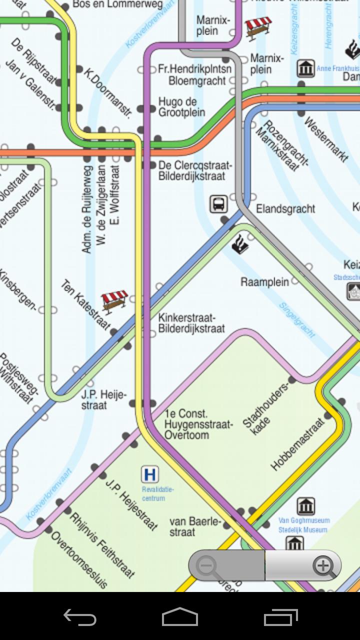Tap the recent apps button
[280, 617]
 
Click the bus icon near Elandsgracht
[218, 204]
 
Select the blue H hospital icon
[149, 474]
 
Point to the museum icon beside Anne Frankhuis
[305, 68]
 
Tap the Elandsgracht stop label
[285, 208]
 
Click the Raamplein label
[264, 282]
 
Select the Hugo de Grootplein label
[181, 107]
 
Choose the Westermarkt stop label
[325, 139]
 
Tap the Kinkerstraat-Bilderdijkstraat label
[191, 323]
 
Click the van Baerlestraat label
[194, 526]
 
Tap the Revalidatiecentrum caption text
[153, 494]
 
